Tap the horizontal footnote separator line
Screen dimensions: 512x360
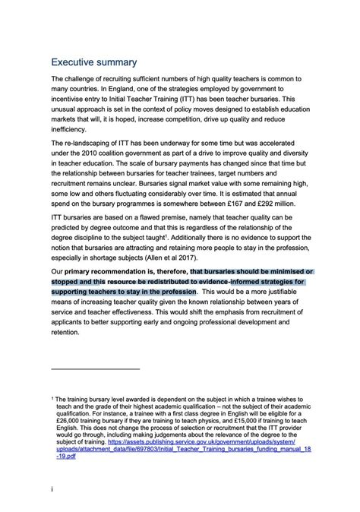click(96, 368)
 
